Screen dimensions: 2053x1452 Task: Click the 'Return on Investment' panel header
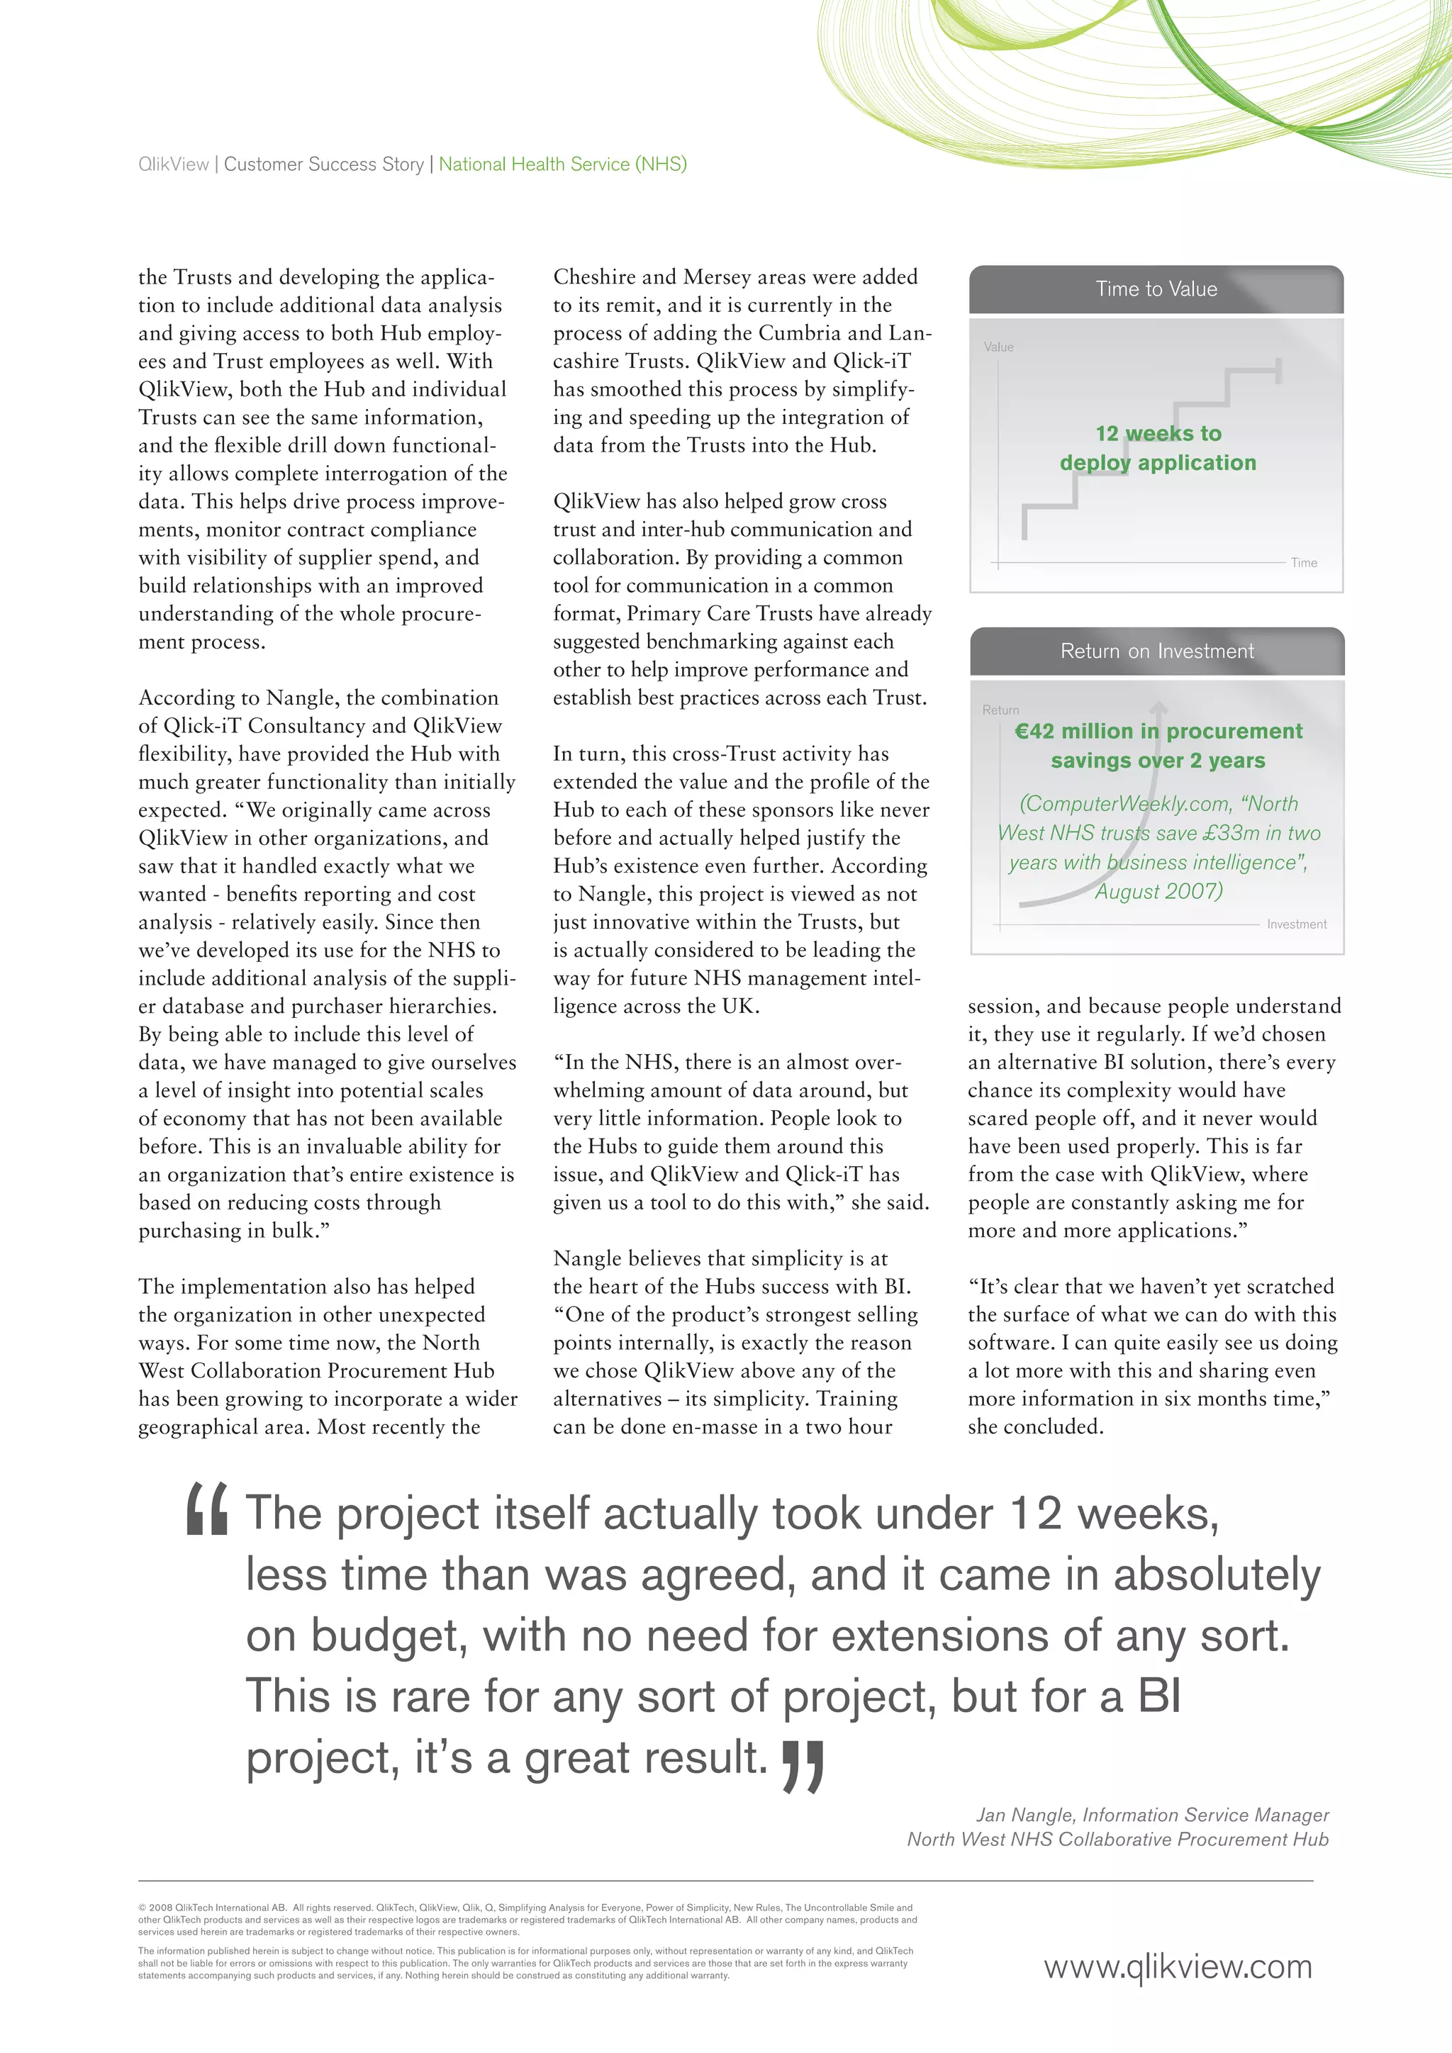1156,651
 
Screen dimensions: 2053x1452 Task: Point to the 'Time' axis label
1304,562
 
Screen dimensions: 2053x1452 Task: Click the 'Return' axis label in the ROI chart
1000,709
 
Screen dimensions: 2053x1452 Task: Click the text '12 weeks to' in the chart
1158,434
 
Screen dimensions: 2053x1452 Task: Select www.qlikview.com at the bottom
1178,1967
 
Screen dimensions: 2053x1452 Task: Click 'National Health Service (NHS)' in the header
562,164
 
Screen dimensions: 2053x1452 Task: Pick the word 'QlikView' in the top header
174,164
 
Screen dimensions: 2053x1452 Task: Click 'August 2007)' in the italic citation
1158,892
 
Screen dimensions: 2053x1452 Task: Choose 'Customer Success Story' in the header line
324,164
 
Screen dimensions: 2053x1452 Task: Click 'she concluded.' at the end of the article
1035,1427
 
